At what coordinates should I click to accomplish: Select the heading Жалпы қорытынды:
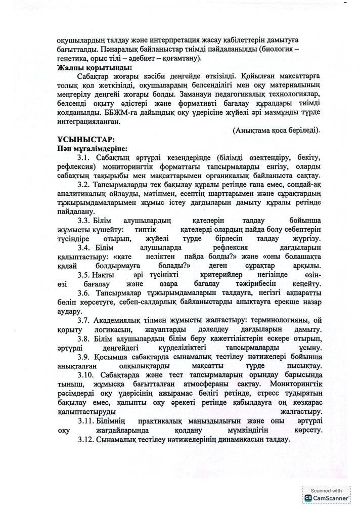tap(88, 67)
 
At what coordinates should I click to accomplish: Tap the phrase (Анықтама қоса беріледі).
tap(276, 130)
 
